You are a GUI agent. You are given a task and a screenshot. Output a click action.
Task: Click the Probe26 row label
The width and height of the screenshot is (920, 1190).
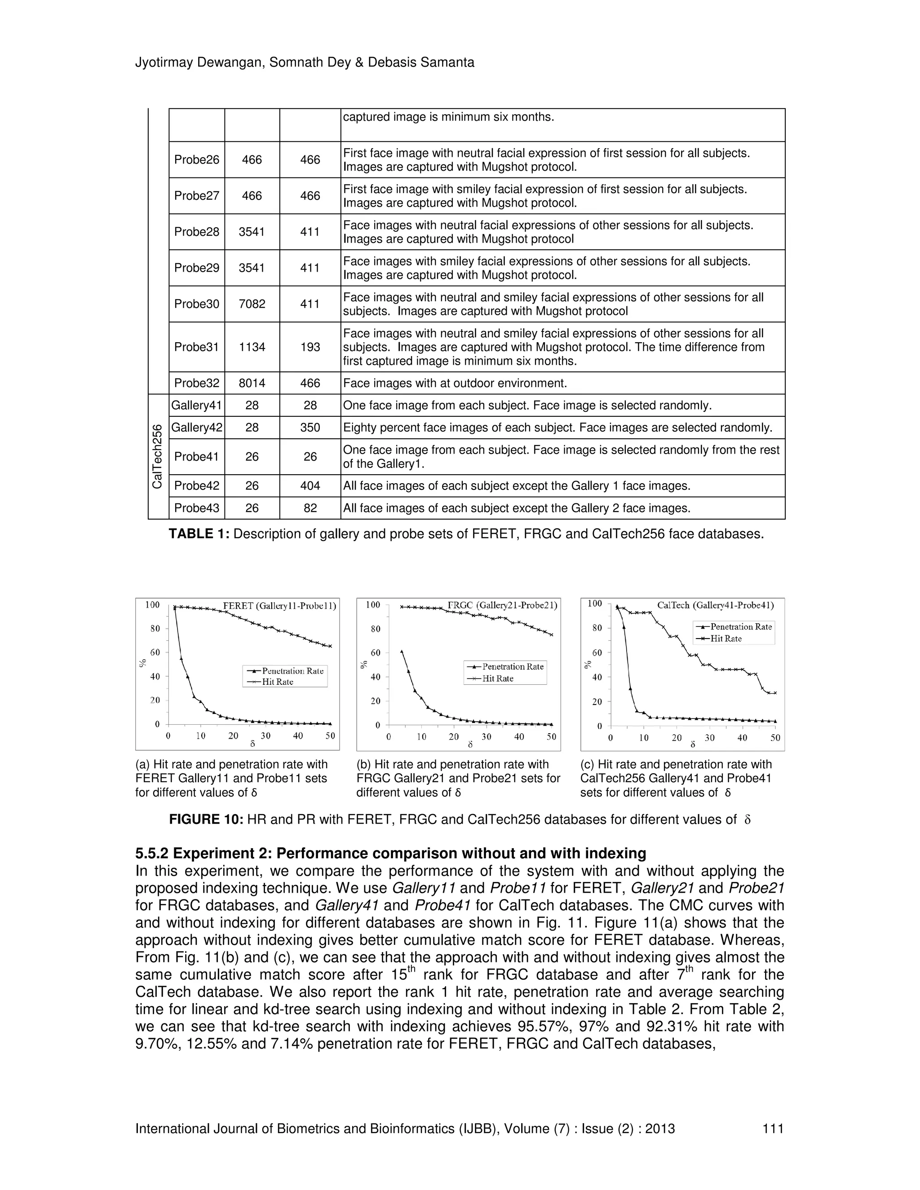click(x=196, y=160)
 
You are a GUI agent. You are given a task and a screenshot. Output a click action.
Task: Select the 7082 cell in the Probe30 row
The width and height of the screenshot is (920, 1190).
click(x=252, y=304)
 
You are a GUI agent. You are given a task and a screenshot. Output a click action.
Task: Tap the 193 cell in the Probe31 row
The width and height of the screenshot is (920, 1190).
click(x=310, y=347)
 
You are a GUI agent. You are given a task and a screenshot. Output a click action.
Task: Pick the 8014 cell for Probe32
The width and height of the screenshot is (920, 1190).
click(x=252, y=383)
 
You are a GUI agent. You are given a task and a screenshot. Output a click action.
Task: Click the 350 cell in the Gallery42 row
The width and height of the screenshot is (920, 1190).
click(x=310, y=428)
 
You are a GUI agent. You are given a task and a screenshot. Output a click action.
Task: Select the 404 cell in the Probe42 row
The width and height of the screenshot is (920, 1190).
click(x=310, y=485)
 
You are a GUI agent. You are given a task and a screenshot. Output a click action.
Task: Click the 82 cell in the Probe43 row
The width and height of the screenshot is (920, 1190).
click(x=310, y=508)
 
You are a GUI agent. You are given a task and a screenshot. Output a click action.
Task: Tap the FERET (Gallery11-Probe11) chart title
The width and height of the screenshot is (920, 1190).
click(x=279, y=605)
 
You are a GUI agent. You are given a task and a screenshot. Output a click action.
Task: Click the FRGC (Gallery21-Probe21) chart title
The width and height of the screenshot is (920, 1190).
click(x=502, y=605)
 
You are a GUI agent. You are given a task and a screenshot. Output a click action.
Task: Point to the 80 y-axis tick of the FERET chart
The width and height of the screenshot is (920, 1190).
click(x=155, y=628)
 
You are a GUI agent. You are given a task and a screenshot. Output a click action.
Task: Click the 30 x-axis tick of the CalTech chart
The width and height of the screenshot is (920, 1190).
click(x=710, y=738)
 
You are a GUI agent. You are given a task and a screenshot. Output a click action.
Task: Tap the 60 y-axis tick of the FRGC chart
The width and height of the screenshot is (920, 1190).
click(x=376, y=653)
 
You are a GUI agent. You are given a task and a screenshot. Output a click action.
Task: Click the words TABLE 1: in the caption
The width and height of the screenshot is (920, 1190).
click(x=199, y=534)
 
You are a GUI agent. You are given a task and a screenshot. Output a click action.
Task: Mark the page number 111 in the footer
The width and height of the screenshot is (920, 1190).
click(x=773, y=1128)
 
